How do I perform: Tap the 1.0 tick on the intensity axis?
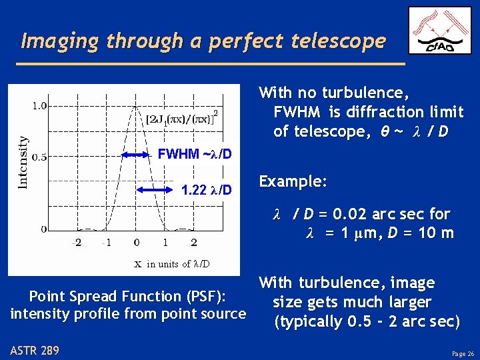click(x=39, y=105)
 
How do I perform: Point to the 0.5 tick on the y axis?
click(x=39, y=157)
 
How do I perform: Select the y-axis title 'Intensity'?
click(x=23, y=162)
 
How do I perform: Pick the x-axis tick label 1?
click(x=165, y=242)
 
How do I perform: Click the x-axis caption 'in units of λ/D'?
click(x=172, y=263)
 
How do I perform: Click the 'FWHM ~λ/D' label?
click(x=194, y=155)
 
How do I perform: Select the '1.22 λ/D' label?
click(x=207, y=191)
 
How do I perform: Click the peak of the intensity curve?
click(x=137, y=106)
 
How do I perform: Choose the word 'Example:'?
click(x=283, y=181)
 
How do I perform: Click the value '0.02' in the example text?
click(x=349, y=214)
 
